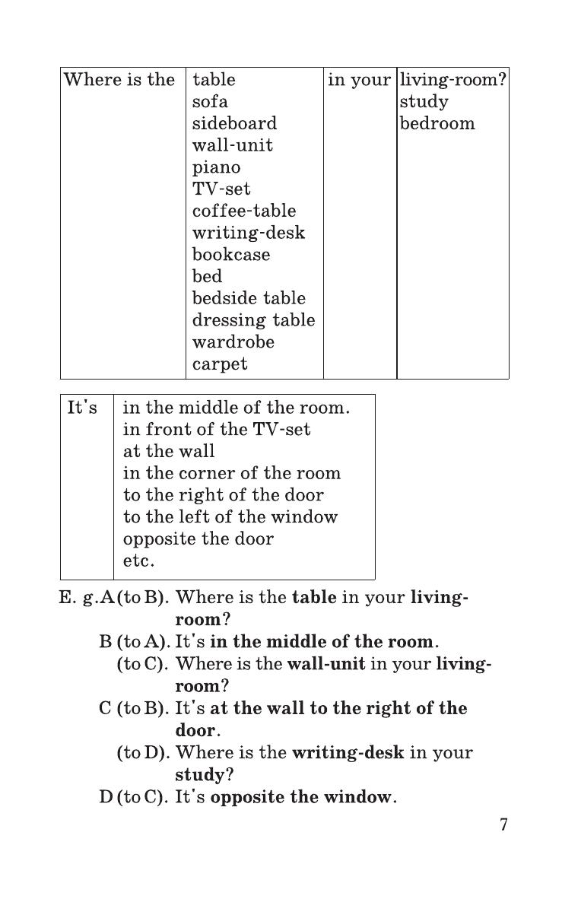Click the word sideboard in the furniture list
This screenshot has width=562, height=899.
click(234, 123)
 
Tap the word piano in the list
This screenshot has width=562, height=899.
click(216, 167)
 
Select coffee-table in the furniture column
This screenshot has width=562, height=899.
click(243, 211)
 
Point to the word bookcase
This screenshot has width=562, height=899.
click(230, 255)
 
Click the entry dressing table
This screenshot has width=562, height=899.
click(253, 320)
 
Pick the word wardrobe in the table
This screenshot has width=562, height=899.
click(233, 341)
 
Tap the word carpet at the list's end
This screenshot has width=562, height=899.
click(220, 364)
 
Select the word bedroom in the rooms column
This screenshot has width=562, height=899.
click(437, 123)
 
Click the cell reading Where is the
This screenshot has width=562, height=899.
click(119, 80)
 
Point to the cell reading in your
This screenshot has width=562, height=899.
click(359, 80)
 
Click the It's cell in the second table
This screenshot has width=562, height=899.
click(82, 408)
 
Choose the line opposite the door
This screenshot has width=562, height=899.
click(198, 538)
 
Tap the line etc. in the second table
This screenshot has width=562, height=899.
click(138, 561)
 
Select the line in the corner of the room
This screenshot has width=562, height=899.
click(232, 473)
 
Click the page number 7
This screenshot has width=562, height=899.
click(503, 824)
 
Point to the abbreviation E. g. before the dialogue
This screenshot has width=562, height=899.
click(77, 598)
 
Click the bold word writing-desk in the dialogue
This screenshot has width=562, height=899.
click(348, 753)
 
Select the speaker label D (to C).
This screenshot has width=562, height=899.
click(133, 798)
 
